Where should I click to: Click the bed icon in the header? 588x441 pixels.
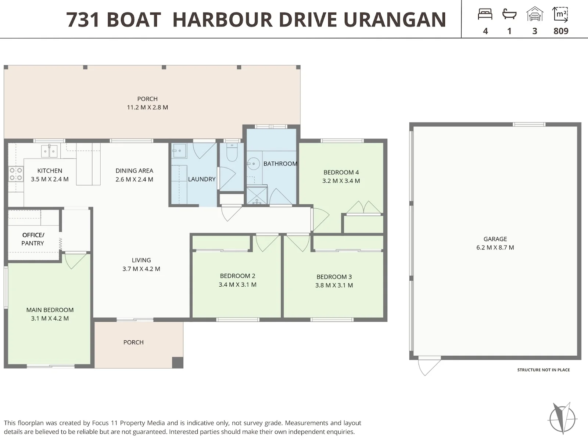pyautogui.click(x=485, y=14)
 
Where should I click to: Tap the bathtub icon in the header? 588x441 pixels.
pyautogui.click(x=509, y=14)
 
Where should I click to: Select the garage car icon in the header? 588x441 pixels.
pyautogui.click(x=535, y=14)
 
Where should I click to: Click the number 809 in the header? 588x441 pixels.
pyautogui.click(x=561, y=31)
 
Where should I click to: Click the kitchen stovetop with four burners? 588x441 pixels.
pyautogui.click(x=16, y=174)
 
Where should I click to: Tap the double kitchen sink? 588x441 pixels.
pyautogui.click(x=49, y=151)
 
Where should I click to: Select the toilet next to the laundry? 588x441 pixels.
pyautogui.click(x=232, y=153)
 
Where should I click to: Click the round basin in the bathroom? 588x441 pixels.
pyautogui.click(x=253, y=163)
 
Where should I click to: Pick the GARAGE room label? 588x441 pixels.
pyautogui.click(x=495, y=239)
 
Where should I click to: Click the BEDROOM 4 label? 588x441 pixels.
pyautogui.click(x=341, y=172)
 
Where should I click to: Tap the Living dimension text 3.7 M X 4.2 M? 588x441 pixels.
pyautogui.click(x=141, y=269)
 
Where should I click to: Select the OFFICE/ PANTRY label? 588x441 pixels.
pyautogui.click(x=33, y=239)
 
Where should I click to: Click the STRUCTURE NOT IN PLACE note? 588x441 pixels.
pyautogui.click(x=544, y=370)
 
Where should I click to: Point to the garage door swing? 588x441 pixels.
pyautogui.click(x=429, y=367)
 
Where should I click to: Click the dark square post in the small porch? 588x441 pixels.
pyautogui.click(x=178, y=363)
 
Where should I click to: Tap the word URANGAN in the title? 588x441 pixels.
pyautogui.click(x=395, y=19)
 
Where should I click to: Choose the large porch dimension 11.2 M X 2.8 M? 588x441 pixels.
pyautogui.click(x=147, y=107)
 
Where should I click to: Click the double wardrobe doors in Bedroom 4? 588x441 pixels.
pyautogui.click(x=363, y=208)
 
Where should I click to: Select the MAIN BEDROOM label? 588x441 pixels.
pyautogui.click(x=50, y=310)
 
